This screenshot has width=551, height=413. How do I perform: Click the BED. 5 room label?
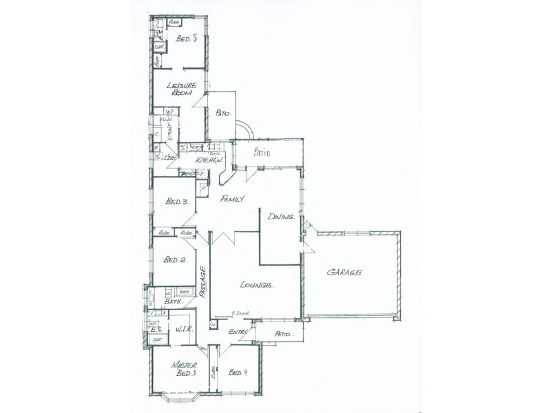pyautogui.click(x=187, y=39)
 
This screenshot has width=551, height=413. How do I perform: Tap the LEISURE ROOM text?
pyautogui.click(x=186, y=89)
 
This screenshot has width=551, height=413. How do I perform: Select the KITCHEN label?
pyautogui.click(x=208, y=160)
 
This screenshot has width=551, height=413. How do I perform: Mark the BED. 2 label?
pyautogui.click(x=175, y=260)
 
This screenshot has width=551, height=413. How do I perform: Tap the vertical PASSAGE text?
pyautogui.click(x=203, y=281)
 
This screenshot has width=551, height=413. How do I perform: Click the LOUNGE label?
pyautogui.click(x=258, y=284)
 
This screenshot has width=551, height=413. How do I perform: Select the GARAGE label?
pyautogui.click(x=344, y=273)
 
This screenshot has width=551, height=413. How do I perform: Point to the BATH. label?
pyautogui.click(x=172, y=302)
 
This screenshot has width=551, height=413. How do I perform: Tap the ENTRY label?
pyautogui.click(x=238, y=332)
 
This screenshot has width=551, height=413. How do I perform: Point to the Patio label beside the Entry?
pyautogui.click(x=284, y=335)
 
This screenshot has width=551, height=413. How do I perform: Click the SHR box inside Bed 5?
pyautogui.click(x=158, y=47)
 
